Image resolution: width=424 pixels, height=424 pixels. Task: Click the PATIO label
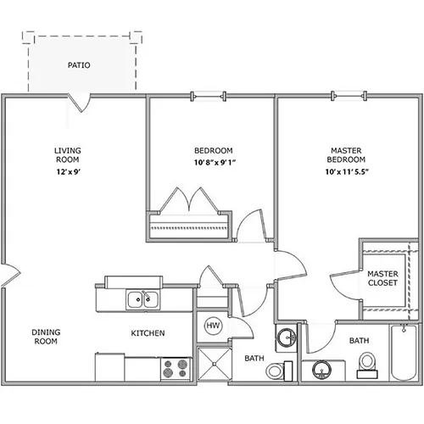point(79,65)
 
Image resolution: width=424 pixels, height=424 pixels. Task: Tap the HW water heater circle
point(213,326)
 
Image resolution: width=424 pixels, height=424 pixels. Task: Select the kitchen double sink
point(142,299)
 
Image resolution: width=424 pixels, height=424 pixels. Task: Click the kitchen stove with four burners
point(176,369)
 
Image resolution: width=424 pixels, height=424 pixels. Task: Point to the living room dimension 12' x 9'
point(69,171)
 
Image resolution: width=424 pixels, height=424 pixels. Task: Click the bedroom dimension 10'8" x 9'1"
point(215,163)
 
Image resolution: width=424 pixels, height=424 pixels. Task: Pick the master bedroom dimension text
point(347,171)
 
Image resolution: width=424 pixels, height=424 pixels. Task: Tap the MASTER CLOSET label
point(382,278)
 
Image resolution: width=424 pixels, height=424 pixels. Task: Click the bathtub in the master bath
point(404,353)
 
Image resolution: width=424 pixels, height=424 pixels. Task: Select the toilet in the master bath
point(367,365)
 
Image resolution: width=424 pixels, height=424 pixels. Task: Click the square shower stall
point(215,364)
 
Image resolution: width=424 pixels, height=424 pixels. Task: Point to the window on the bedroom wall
point(209,97)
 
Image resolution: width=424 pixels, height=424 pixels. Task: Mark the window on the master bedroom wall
point(349,97)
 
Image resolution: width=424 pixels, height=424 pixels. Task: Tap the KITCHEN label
point(148,333)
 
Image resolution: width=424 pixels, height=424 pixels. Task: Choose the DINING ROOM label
point(46,337)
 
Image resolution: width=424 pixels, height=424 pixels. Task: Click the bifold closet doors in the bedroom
point(189,200)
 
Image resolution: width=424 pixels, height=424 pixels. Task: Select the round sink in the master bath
point(322,370)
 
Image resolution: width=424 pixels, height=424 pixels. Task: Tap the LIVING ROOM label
point(68,155)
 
